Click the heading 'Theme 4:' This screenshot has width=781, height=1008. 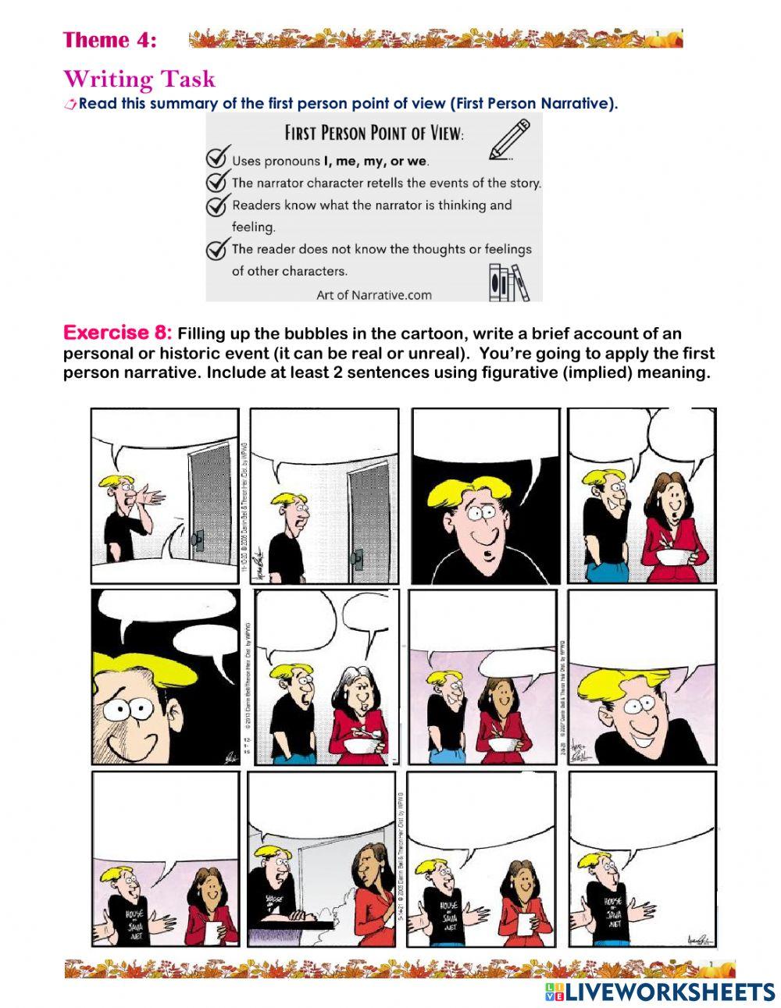pyautogui.click(x=109, y=40)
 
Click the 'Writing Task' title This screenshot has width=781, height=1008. pyautogui.click(x=139, y=79)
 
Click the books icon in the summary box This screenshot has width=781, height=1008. pyautogui.click(x=508, y=282)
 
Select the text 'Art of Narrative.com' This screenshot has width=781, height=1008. pyautogui.click(x=373, y=294)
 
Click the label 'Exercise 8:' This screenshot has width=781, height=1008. pyautogui.click(x=117, y=333)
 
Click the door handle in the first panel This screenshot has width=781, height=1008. pyautogui.click(x=198, y=539)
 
